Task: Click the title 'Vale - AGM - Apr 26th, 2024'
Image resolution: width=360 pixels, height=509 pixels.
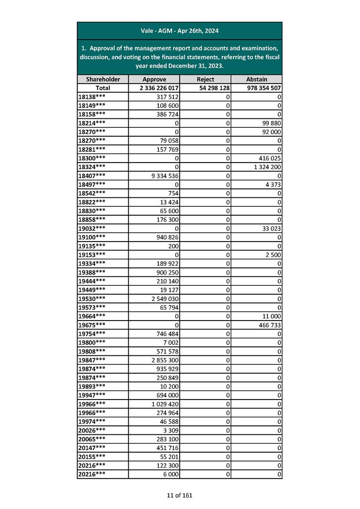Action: (x=180, y=31)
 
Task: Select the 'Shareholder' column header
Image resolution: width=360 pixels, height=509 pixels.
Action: (x=103, y=79)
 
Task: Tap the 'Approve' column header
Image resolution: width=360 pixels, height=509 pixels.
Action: (x=154, y=79)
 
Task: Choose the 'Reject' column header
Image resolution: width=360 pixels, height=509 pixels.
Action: (x=205, y=79)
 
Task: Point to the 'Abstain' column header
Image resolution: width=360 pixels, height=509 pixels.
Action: (x=257, y=79)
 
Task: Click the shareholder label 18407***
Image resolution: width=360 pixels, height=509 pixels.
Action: (x=92, y=176)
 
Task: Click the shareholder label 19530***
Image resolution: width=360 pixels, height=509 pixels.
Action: (x=92, y=298)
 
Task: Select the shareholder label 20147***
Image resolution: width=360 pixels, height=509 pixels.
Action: (x=92, y=448)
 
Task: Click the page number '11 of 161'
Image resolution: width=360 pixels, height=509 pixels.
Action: (x=180, y=495)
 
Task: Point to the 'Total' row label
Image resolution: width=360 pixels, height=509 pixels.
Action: (x=103, y=88)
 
